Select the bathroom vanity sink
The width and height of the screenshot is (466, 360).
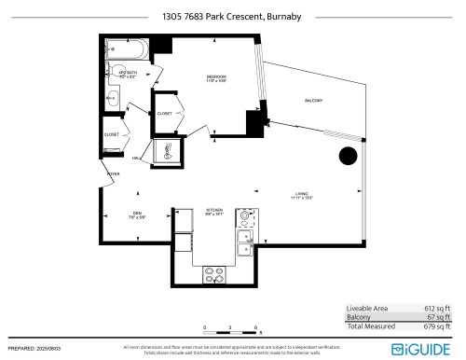(x=112, y=98)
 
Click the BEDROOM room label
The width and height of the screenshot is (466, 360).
(x=217, y=76)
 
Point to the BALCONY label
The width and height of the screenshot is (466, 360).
(x=314, y=102)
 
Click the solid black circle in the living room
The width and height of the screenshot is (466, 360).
(x=348, y=156)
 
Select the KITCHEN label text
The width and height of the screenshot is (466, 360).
(x=213, y=211)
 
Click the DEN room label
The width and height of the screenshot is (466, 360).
(x=136, y=213)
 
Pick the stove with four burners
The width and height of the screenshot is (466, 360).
(x=214, y=274)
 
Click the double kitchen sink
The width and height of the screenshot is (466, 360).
(x=245, y=242)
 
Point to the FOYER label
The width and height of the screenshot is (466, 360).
(x=113, y=174)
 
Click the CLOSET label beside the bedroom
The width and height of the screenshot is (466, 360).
(x=163, y=114)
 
